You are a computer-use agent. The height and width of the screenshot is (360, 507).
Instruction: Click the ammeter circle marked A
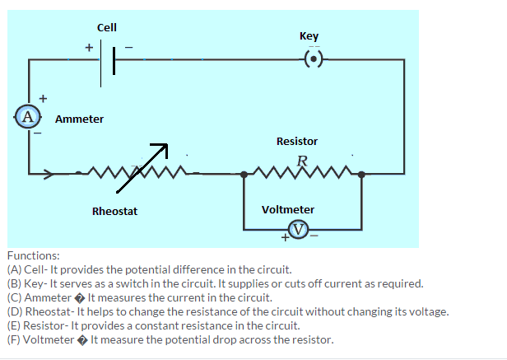28,115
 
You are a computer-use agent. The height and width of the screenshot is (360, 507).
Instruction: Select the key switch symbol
314,59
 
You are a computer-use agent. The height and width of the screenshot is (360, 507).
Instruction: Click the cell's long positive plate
103,60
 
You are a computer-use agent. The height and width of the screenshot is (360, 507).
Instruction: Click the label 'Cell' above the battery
107,27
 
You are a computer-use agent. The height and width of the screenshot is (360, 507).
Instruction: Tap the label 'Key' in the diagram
309,36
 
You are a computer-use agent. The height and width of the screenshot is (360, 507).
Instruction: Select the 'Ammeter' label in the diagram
79,119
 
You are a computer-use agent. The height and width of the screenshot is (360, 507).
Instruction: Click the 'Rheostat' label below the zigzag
114,212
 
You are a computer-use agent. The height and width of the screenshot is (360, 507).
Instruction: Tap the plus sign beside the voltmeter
285,237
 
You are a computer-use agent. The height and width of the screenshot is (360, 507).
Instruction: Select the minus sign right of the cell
128,47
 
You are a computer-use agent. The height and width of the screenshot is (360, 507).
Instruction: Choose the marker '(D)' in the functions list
14,311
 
